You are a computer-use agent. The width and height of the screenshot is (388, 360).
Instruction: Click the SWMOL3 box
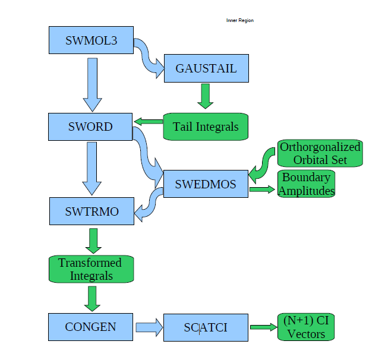tap(91, 41)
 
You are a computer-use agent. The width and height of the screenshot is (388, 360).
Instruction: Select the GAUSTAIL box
tap(206, 68)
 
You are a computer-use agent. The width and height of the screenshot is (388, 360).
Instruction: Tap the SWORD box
tap(90, 127)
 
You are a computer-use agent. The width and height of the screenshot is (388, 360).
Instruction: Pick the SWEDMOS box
tap(205, 184)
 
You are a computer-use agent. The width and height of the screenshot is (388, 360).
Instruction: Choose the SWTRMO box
tap(92, 212)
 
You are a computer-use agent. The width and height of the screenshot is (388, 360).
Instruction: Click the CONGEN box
tap(91, 326)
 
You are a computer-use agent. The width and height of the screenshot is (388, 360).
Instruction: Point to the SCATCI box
tap(205, 327)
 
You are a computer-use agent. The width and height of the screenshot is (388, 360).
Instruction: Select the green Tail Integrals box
tap(206, 127)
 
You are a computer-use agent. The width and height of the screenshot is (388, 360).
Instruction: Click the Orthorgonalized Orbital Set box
tap(320, 154)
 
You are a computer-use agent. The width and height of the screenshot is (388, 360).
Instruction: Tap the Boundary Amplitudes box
tap(307, 184)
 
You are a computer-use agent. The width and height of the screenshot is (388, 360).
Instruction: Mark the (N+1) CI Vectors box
tap(306, 327)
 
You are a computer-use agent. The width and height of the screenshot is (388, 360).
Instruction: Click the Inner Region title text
tap(240, 21)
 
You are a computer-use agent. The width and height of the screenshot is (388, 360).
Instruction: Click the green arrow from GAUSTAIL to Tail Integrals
tap(206, 95)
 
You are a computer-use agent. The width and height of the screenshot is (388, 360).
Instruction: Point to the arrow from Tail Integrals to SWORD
tap(148, 122)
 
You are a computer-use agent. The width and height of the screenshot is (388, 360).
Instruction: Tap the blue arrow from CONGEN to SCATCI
tap(149, 327)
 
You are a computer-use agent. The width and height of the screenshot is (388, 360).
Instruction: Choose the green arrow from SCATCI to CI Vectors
tap(263, 327)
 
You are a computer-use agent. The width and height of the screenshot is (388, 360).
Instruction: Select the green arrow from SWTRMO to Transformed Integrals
tap(92, 241)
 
